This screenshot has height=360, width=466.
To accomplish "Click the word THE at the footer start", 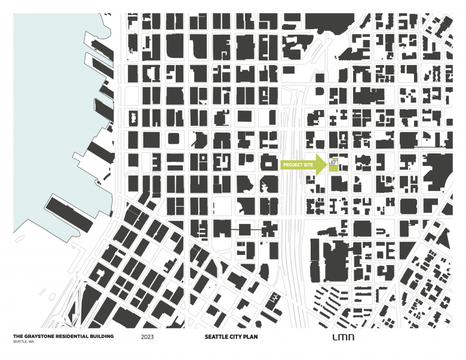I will click(x=17, y=337).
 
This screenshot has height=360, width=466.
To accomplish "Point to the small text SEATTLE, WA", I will click(x=23, y=341).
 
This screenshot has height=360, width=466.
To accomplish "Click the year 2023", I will click(x=148, y=337).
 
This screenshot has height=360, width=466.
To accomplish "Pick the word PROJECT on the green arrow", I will click(x=293, y=165).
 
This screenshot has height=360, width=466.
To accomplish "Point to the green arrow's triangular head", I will click(x=323, y=165).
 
